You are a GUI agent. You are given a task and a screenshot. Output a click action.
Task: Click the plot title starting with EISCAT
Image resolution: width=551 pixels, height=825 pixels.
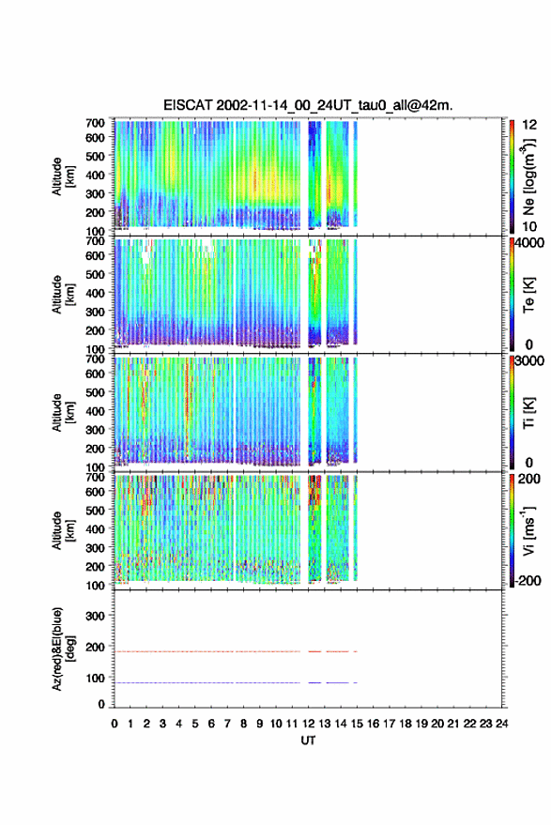[308, 105]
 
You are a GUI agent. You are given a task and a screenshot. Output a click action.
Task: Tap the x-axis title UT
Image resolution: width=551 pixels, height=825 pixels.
[308, 741]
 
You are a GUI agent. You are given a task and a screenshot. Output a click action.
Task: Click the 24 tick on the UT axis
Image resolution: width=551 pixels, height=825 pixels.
[501, 724]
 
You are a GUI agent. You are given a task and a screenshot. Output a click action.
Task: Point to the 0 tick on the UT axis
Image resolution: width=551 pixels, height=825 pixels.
[115, 724]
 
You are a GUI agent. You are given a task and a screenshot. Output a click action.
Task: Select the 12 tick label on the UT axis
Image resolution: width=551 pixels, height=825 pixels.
[308, 724]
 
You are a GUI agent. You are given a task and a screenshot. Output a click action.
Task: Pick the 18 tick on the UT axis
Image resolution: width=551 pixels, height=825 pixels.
[405, 724]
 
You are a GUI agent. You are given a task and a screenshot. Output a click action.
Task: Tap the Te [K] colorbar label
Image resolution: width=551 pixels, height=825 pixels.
[528, 295]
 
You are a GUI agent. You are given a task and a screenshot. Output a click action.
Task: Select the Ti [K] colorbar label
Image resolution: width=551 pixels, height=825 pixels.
[528, 413]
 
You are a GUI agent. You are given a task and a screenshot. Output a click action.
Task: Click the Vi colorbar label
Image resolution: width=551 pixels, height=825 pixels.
[528, 530]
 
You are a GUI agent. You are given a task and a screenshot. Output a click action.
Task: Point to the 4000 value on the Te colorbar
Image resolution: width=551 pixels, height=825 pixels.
[529, 243]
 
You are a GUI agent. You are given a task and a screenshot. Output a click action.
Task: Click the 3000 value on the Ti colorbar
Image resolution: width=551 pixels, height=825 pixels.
[529, 361]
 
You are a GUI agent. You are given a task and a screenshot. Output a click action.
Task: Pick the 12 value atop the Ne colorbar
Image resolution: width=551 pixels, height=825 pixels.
[529, 125]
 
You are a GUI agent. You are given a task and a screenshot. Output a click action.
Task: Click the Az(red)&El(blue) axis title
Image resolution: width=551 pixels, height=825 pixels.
[63, 649]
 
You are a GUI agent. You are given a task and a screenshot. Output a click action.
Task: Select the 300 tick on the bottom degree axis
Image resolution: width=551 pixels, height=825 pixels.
[95, 616]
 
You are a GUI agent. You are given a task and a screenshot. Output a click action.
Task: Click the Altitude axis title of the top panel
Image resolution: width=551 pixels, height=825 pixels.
[63, 176]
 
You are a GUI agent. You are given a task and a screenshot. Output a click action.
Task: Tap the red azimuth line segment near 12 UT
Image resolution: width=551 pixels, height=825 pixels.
[314, 651]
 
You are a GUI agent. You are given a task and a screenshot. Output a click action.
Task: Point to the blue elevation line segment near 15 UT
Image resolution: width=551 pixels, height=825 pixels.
[355, 682]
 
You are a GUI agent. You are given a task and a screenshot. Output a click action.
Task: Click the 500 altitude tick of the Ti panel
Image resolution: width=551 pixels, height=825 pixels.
[95, 392]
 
